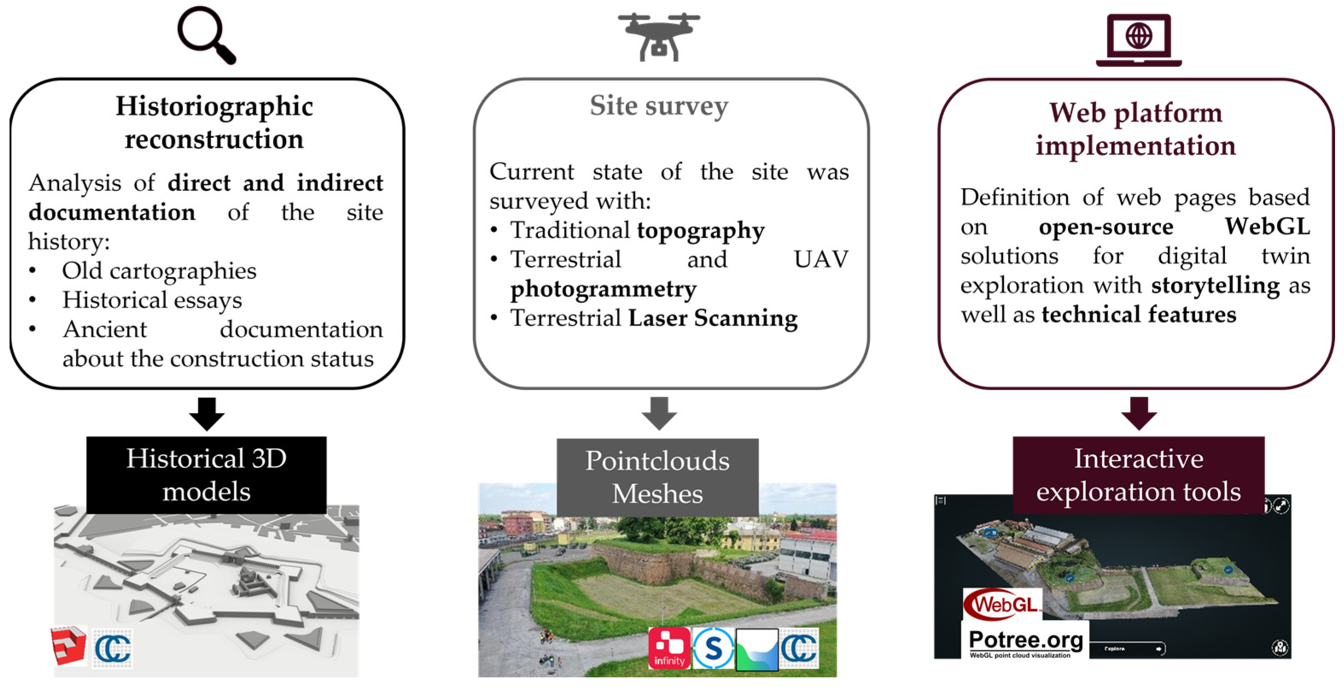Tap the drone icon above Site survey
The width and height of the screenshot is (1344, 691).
click(659, 37)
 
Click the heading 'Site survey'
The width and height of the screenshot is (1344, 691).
click(659, 106)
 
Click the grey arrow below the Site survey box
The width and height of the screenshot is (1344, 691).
click(659, 413)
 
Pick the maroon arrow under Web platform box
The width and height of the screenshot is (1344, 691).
click(1139, 413)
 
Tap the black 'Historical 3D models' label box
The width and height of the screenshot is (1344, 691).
click(207, 475)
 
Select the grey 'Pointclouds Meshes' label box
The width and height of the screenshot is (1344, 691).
click(657, 477)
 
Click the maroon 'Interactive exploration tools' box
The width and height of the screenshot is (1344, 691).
click(1138, 475)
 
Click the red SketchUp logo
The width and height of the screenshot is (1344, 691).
click(69, 646)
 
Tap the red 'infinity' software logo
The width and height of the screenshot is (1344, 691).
click(669, 648)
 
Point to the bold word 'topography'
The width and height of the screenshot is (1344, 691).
click(701, 230)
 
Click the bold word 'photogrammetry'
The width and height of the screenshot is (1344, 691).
click(603, 289)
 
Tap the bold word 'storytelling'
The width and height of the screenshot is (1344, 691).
click(1215, 286)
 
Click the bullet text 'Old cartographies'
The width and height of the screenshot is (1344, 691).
click(159, 270)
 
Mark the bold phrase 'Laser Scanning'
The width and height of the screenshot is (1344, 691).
click(713, 318)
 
